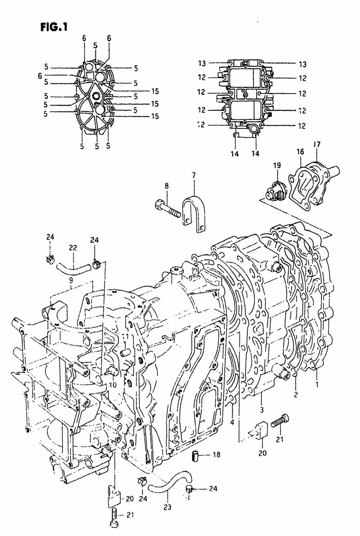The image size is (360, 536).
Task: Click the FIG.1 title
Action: [x=52, y=28]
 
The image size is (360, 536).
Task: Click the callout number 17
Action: [x=316, y=145]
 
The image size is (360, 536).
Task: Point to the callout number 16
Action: [x=300, y=152]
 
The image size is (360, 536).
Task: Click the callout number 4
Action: [x=232, y=422]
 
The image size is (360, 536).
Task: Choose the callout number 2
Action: [x=296, y=395]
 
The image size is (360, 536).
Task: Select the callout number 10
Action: [x=113, y=385]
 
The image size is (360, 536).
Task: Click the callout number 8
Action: [x=167, y=186]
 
